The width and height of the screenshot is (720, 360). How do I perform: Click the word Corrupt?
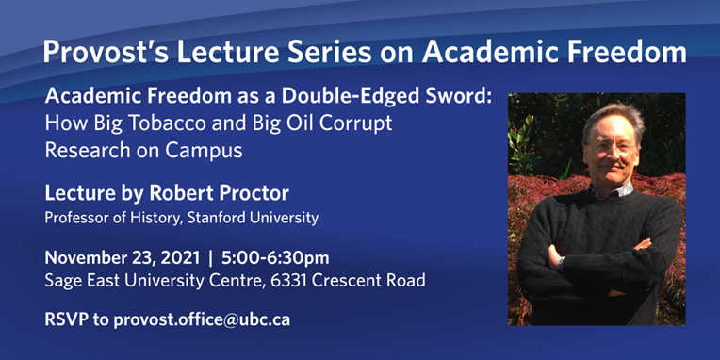pyautogui.click(x=362, y=123)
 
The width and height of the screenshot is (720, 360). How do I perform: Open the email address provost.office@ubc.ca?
pyautogui.click(x=202, y=319)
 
